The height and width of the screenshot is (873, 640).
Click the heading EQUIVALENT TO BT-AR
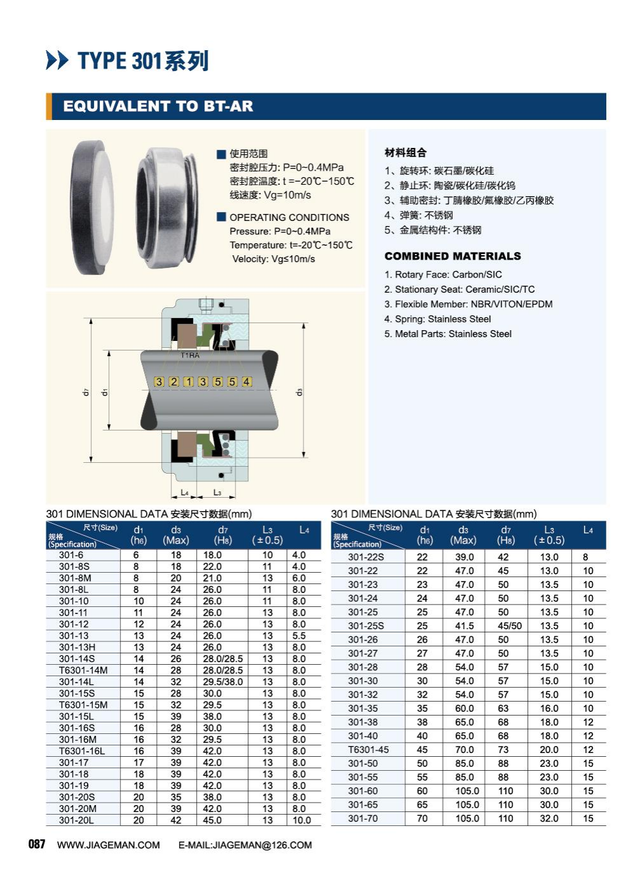(x=158, y=106)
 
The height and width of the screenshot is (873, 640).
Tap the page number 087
(x=37, y=844)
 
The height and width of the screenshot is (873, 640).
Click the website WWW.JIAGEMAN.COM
(x=109, y=845)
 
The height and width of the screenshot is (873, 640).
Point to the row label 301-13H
(x=77, y=647)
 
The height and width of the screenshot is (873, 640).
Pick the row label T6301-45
(x=368, y=749)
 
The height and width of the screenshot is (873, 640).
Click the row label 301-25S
(x=366, y=625)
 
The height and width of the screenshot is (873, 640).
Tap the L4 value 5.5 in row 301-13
(x=298, y=636)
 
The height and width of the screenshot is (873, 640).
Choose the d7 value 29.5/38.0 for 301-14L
(x=223, y=681)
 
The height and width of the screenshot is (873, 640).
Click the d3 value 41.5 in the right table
(x=464, y=625)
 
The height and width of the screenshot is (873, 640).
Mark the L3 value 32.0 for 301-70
(x=549, y=818)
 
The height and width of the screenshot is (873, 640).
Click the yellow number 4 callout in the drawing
(x=246, y=382)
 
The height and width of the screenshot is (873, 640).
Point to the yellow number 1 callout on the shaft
(x=188, y=382)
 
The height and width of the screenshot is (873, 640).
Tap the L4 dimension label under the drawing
(x=185, y=492)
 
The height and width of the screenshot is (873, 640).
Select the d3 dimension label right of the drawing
(x=299, y=392)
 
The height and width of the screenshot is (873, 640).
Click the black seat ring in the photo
(x=92, y=208)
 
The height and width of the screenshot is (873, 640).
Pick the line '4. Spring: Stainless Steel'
(x=437, y=319)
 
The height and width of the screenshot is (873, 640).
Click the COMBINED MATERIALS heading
(x=453, y=256)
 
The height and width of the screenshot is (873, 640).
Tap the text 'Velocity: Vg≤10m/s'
(x=274, y=259)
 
